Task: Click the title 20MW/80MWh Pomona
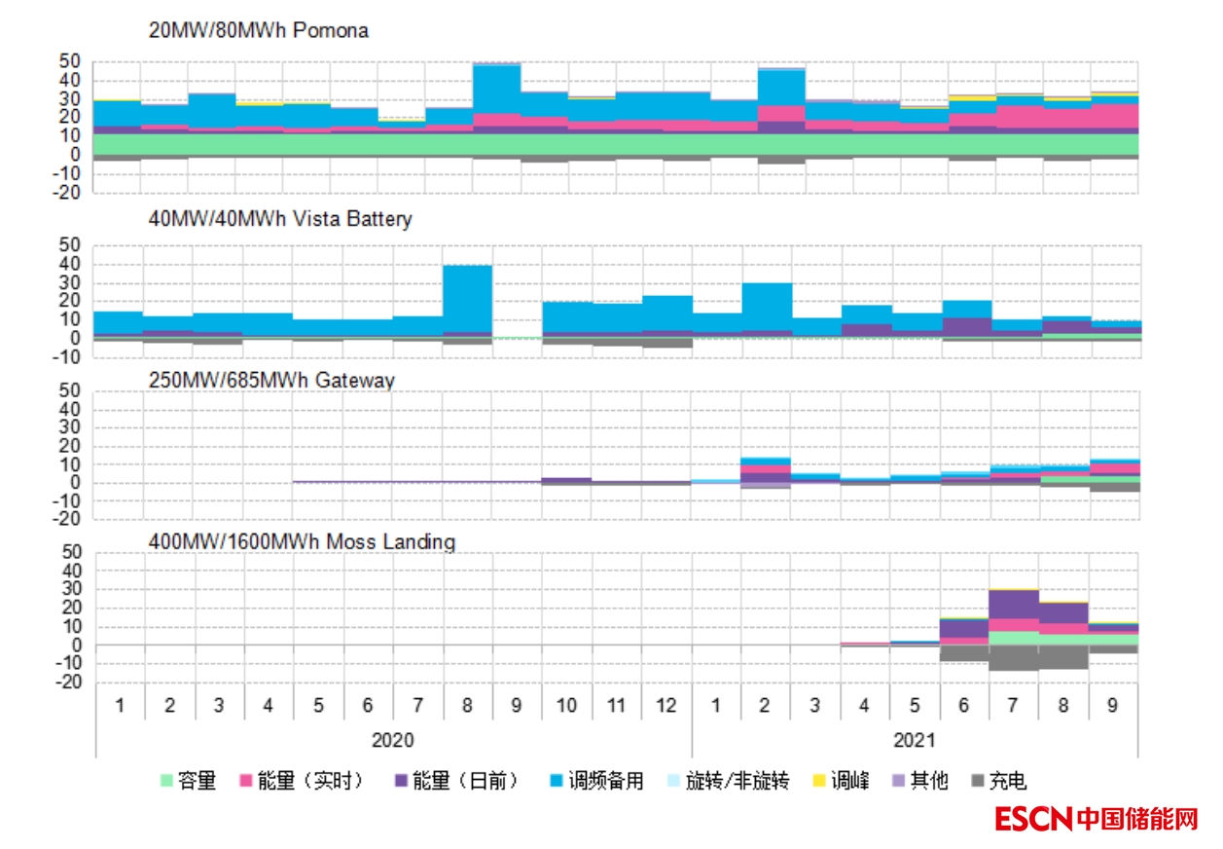coord(258,30)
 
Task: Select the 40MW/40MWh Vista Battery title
coord(280,219)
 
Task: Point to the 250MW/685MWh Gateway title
coord(271,380)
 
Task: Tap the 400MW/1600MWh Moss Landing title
coord(302,540)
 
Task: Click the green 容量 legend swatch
coord(166,781)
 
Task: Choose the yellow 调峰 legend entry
coord(818,781)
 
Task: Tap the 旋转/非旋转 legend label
coord(737,781)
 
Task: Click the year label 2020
coord(393,740)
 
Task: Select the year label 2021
coord(915,740)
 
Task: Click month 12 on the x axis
coord(666,704)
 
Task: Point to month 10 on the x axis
coord(566,704)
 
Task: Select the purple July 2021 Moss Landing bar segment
coord(1013,604)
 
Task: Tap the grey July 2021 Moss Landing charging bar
coord(1013,657)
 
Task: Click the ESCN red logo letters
coord(1033,819)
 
